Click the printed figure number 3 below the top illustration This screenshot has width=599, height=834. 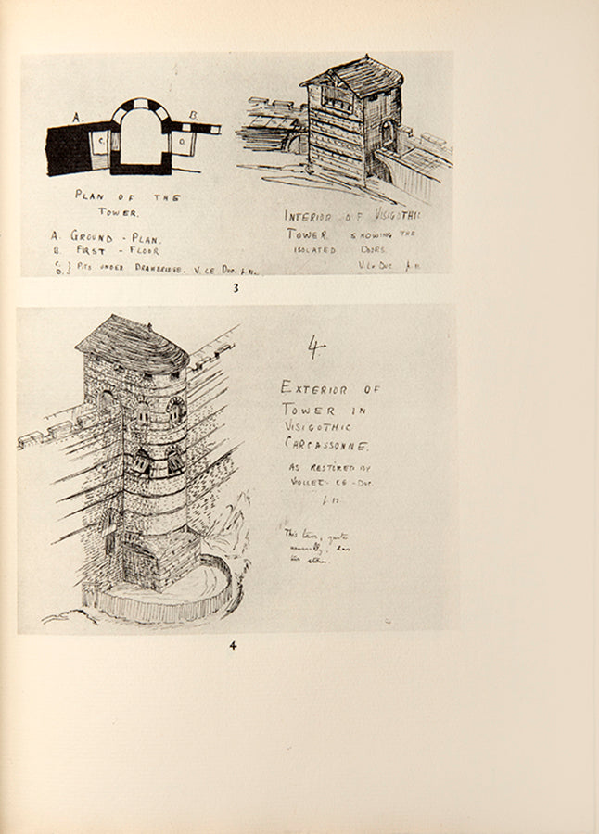(236, 288)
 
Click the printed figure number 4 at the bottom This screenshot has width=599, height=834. (233, 645)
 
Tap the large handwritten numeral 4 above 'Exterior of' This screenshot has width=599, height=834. (316, 347)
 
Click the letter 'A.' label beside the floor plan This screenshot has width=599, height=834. (79, 118)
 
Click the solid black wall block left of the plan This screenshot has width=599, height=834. (69, 149)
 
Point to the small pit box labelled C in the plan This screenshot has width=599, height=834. (100, 140)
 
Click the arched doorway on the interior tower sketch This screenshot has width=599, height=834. (387, 135)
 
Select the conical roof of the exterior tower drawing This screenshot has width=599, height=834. (133, 344)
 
